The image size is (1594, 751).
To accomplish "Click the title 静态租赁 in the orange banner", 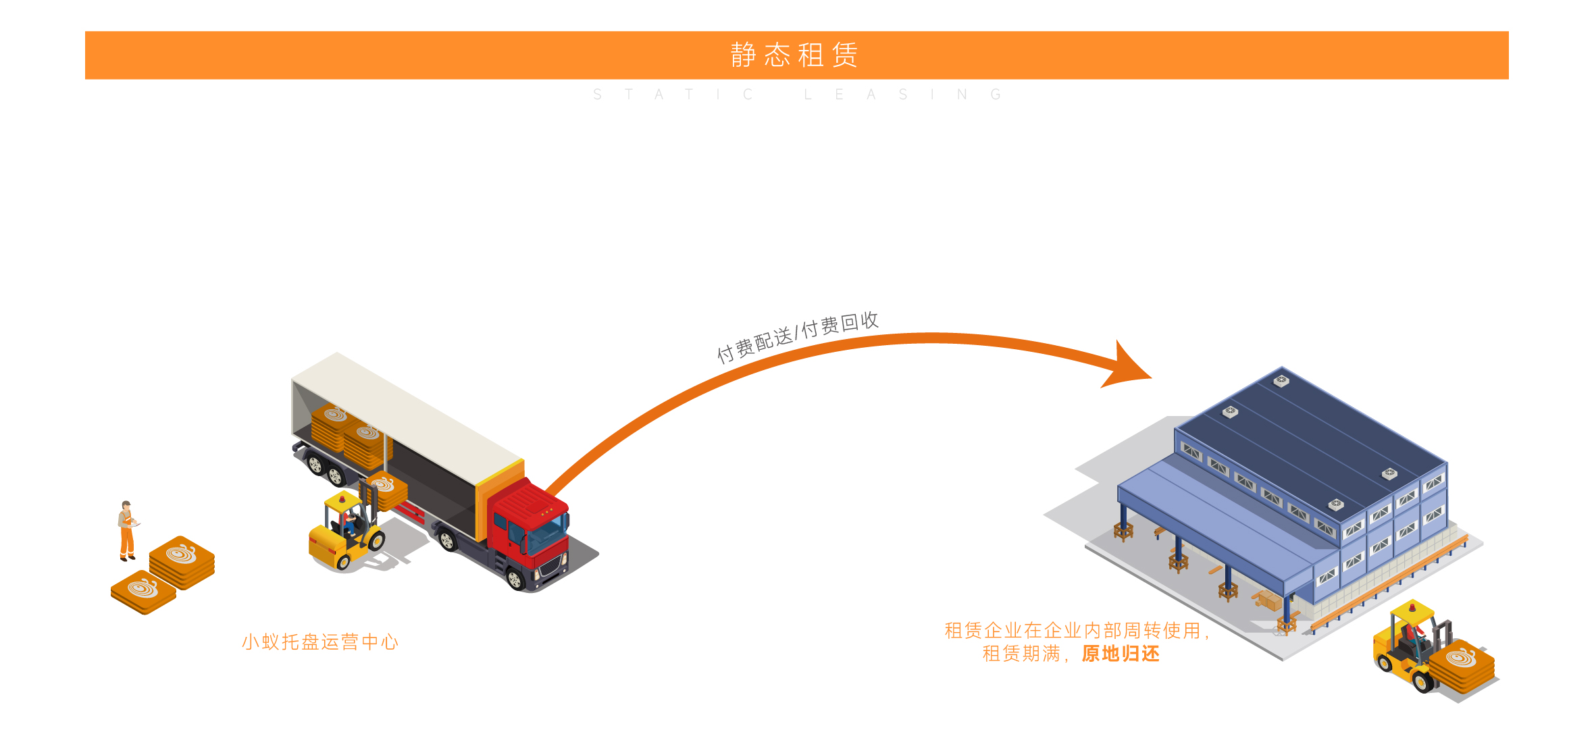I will (794, 55).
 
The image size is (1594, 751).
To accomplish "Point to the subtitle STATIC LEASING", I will (797, 95).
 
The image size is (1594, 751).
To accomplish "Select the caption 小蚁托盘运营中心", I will (320, 642).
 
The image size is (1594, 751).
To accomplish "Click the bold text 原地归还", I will (1121, 654).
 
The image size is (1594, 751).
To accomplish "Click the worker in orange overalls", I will (126, 531).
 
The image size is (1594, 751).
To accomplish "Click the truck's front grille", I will (552, 567).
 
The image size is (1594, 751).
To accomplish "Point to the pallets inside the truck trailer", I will (351, 436).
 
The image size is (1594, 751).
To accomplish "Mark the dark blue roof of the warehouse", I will (1310, 439).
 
